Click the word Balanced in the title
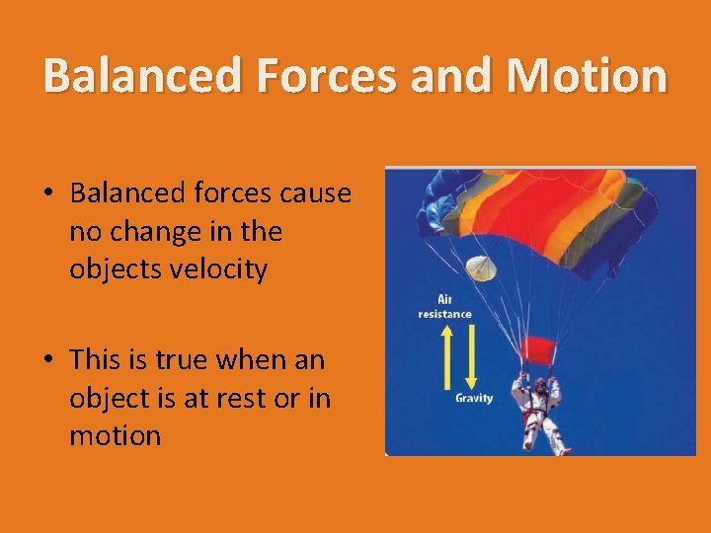141,76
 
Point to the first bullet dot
47,194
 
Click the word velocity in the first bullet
218,269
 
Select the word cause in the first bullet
316,193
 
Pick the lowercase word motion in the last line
115,435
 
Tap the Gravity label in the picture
474,398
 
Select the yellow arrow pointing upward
446,355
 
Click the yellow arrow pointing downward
471,355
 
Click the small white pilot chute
480,267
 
